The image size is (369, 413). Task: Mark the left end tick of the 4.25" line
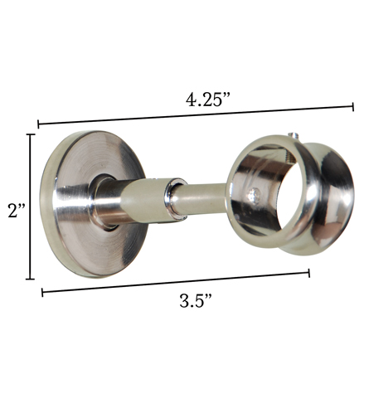click(x=38, y=124)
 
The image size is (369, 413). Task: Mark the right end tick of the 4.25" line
click(x=354, y=105)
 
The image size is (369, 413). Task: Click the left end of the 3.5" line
click(x=42, y=290)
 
